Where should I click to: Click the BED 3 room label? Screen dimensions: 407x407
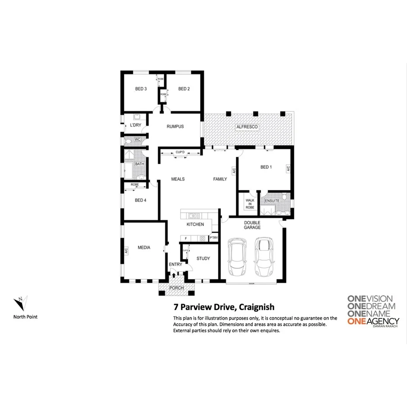(x=141, y=89)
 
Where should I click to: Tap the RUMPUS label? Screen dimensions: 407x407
(x=175, y=127)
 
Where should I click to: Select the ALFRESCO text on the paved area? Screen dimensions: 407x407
(x=247, y=127)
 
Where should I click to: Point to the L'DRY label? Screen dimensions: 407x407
(x=136, y=125)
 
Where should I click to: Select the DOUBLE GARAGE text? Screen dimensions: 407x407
(x=252, y=225)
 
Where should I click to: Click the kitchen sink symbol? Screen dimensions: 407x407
(x=193, y=216)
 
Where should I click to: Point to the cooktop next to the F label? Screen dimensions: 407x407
(x=202, y=238)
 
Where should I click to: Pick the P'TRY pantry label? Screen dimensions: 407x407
(x=214, y=238)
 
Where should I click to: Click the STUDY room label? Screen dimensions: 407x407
(x=203, y=259)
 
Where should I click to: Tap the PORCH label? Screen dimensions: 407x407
(x=176, y=288)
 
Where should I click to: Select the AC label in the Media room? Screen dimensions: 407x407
(x=126, y=251)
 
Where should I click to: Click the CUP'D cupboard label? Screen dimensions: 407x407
(x=180, y=152)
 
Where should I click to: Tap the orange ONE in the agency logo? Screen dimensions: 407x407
(x=357, y=322)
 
